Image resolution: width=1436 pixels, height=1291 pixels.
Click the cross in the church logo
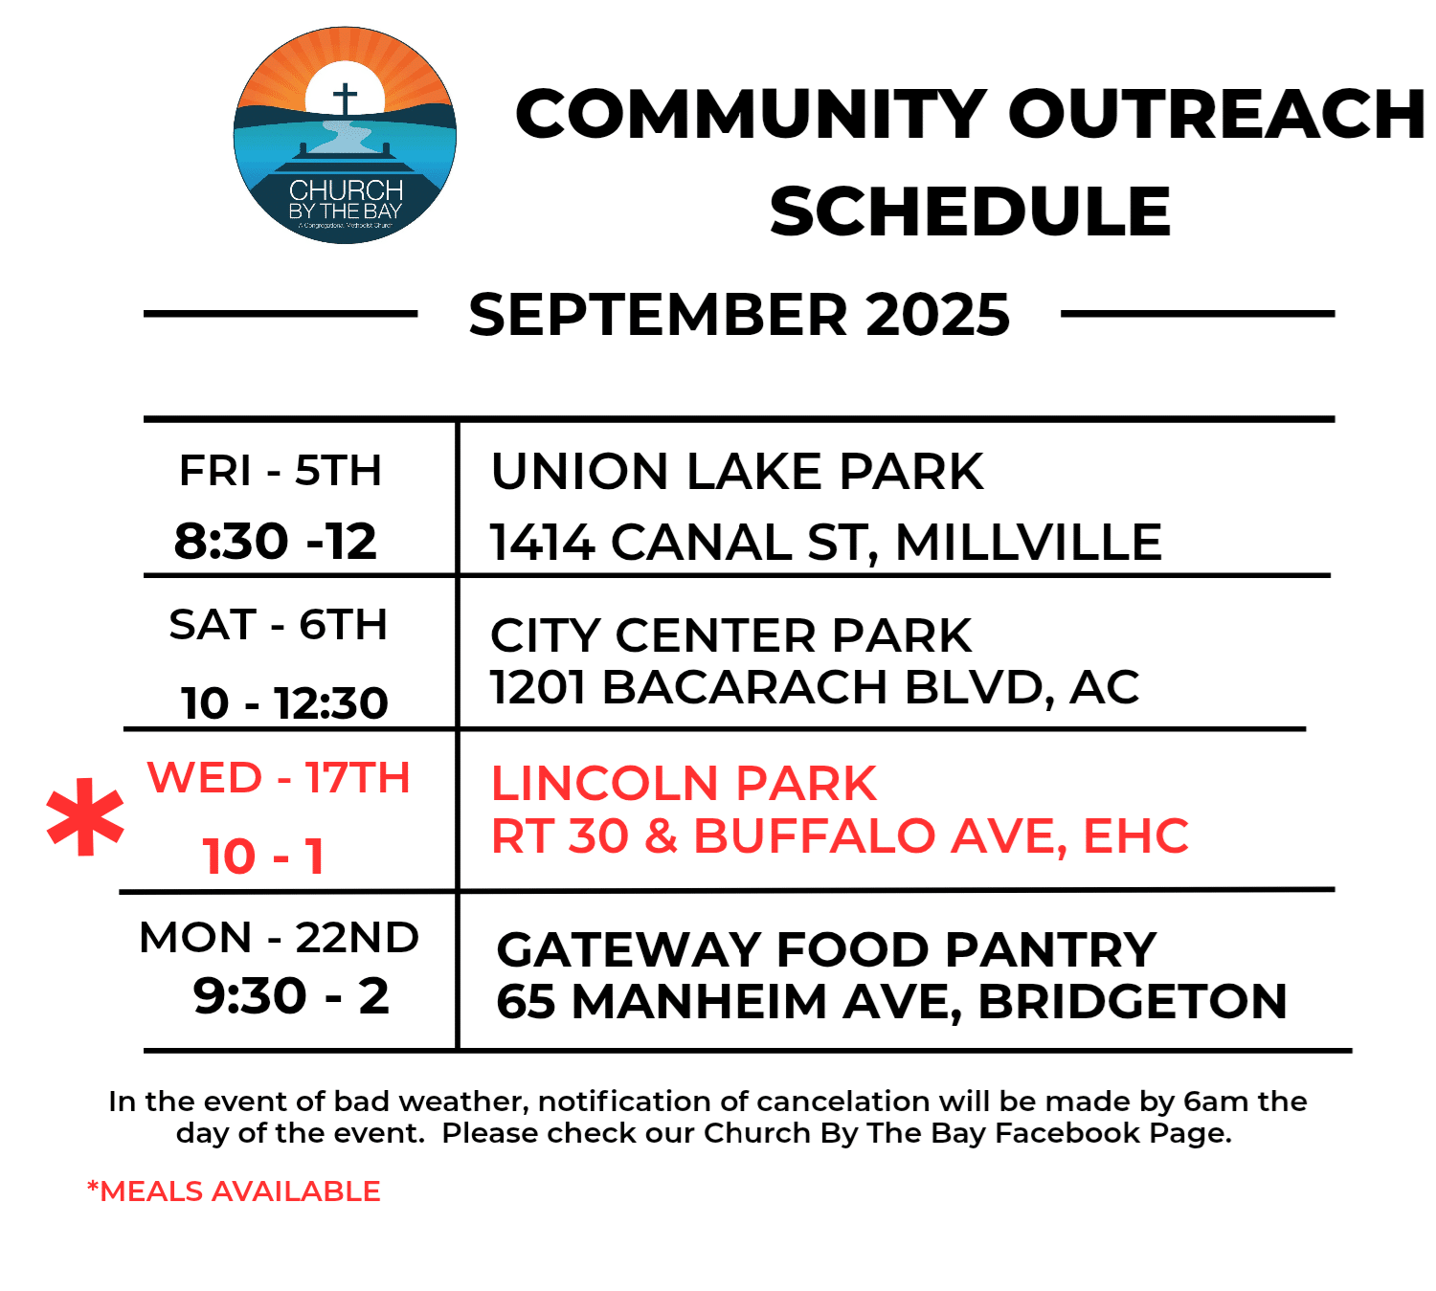[x=345, y=99]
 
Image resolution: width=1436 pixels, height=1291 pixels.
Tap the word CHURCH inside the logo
[x=346, y=190]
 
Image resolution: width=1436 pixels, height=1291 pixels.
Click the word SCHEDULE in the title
[x=970, y=211]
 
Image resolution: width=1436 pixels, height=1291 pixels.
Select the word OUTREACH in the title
[x=1217, y=114]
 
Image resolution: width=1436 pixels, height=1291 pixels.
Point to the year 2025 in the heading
[x=938, y=315]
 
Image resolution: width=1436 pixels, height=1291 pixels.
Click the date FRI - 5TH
[x=280, y=470]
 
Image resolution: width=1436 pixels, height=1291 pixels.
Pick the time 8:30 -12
[x=276, y=541]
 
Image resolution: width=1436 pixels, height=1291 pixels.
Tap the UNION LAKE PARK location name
[x=737, y=472]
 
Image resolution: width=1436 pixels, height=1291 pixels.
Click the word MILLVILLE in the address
[x=1029, y=542]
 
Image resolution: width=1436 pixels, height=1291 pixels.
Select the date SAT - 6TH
[x=279, y=624]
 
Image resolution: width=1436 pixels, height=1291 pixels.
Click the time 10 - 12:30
[x=284, y=702]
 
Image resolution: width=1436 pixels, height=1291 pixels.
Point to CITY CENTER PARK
[x=730, y=635]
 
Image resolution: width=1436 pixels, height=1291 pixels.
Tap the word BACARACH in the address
[x=745, y=687]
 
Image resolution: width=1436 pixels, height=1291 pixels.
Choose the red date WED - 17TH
[x=279, y=777]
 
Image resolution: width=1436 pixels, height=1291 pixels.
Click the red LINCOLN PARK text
[x=684, y=783]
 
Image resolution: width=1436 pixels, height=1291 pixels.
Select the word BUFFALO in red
[x=814, y=835]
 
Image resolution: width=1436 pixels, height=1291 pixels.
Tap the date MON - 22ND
[x=280, y=938]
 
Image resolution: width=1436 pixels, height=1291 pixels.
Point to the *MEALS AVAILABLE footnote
[x=234, y=1191]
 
